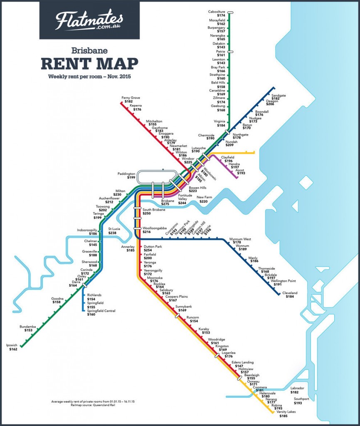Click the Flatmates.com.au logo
tap(89, 21)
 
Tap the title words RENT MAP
tap(89, 64)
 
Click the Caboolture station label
tap(217, 12)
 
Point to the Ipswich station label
tap(13, 345)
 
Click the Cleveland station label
tap(290, 293)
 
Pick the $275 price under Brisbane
tap(165, 204)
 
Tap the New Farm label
tap(204, 198)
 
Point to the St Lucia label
tap(115, 229)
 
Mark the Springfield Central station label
tap(101, 311)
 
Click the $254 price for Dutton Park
tap(148, 250)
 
